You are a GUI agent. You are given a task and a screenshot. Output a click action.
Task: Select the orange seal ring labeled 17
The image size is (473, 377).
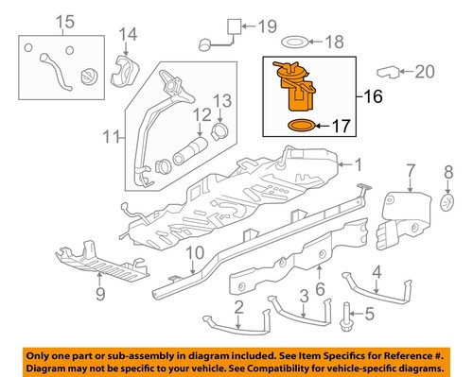pyautogui.click(x=298, y=125)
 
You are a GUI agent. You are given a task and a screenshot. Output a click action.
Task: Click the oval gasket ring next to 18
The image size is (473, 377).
pyautogui.click(x=295, y=42)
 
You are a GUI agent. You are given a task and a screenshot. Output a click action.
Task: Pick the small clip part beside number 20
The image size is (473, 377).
pyautogui.click(x=389, y=70)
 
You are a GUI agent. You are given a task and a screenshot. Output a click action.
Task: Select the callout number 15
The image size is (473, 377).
pyautogui.click(x=38, y=22)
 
